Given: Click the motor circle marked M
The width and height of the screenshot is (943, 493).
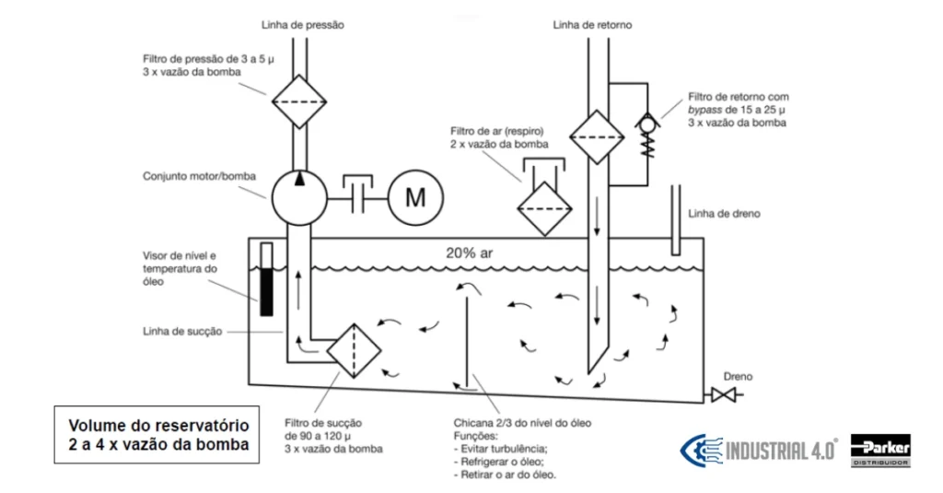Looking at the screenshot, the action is tap(415, 197).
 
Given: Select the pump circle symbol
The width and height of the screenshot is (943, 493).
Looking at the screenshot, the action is tap(299, 197).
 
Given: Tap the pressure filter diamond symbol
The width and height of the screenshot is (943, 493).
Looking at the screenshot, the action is tap(299, 101).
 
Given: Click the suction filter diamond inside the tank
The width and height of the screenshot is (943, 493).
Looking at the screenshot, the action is tap(354, 351).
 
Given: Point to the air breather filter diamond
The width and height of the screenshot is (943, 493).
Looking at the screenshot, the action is tap(545, 209).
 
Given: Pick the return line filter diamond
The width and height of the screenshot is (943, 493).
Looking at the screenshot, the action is tap(597, 137).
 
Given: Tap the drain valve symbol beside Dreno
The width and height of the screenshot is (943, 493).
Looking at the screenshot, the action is tap(723, 395).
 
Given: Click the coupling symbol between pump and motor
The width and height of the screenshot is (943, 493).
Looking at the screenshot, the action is tap(358, 194).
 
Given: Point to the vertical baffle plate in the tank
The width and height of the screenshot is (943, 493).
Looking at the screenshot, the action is tap(467, 339).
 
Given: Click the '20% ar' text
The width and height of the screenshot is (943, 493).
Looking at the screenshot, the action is tap(469, 252).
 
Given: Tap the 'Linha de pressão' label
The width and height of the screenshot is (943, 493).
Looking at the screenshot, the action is tap(302, 25).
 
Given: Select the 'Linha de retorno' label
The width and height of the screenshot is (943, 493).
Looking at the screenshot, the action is tap(592, 25).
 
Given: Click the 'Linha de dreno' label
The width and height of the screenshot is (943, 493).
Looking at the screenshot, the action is tap(724, 214).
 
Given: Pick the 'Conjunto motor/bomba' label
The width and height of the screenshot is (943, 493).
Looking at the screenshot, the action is tap(199, 176).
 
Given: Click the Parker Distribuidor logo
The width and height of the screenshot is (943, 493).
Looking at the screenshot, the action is tap(880, 451).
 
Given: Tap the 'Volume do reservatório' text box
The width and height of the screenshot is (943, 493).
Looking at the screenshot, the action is tap(157, 435).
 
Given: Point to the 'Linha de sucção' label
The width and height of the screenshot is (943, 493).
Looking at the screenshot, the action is tap(182, 332).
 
